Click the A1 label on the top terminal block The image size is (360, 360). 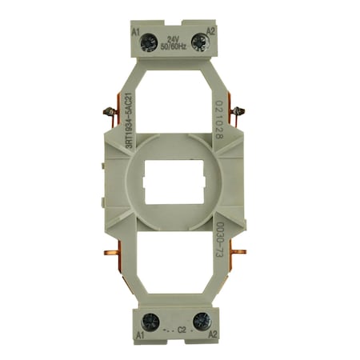click(x=136, y=32)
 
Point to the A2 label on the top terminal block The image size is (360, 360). click(x=210, y=32)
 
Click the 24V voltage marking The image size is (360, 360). click(x=173, y=38)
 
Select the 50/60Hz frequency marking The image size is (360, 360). click(x=173, y=46)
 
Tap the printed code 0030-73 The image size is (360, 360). click(x=218, y=240)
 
